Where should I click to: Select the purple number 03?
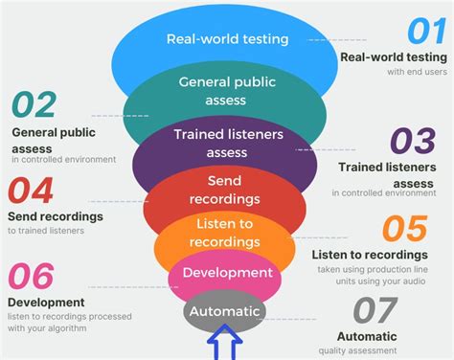click(414, 142)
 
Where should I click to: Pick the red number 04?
click(32, 190)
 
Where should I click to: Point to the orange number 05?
click(403, 230)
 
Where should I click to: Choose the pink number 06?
click(30, 276)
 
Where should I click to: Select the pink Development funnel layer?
click(227, 273)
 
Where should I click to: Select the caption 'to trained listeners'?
click(46, 230)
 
